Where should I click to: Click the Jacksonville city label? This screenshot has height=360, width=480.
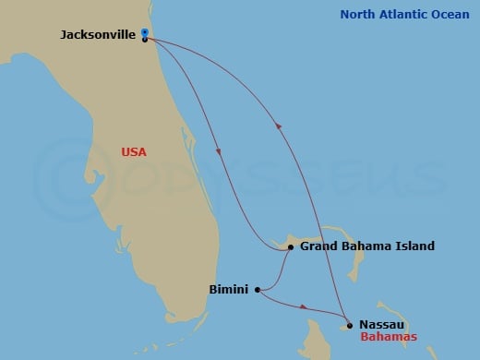[x=97, y=35]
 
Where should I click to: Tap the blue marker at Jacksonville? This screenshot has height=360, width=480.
[x=146, y=32]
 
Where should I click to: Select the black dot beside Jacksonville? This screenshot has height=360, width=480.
[x=146, y=40]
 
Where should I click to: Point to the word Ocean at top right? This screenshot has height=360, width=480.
[x=450, y=14]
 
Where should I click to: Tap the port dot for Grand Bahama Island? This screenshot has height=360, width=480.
[x=290, y=247]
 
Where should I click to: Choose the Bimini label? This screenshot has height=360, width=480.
[x=228, y=289]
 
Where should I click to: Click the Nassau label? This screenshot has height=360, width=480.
[x=380, y=324]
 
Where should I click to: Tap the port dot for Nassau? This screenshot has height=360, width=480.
[x=350, y=324]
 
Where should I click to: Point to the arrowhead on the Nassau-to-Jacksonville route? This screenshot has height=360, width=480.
[x=278, y=128]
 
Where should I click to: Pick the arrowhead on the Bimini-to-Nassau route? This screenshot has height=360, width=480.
[x=304, y=306]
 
